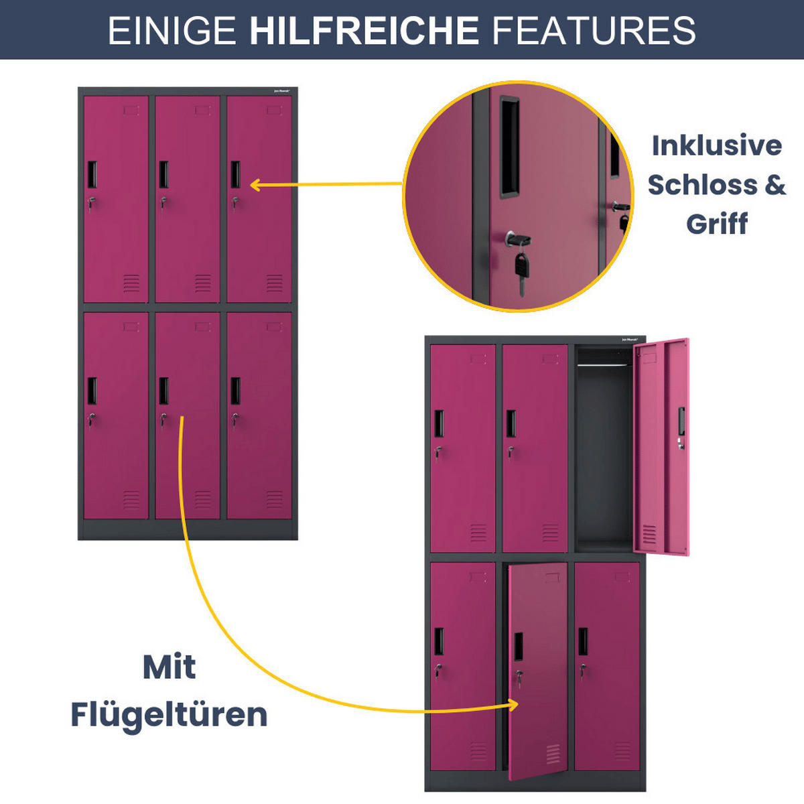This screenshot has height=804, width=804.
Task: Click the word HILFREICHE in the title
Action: click(364, 31)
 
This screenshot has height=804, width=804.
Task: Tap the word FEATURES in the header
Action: click(594, 31)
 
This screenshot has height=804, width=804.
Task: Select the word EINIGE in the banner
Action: click(172, 31)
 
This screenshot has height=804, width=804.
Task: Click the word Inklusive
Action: click(717, 145)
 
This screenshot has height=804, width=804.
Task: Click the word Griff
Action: click(716, 223)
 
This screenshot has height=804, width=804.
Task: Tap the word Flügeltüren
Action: click(169, 714)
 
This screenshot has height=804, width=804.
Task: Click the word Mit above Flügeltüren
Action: click(169, 667)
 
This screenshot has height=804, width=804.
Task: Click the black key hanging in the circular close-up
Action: click(521, 268)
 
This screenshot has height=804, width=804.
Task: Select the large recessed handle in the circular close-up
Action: click(509, 147)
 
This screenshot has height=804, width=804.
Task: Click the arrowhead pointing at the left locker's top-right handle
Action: click(255, 185)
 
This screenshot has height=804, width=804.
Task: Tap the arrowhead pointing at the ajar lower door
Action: click(514, 704)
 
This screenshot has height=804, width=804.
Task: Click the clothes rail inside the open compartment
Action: click(604, 366)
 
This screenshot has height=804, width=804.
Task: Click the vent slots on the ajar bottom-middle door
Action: click(553, 753)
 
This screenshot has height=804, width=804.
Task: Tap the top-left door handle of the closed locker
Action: click(92, 174)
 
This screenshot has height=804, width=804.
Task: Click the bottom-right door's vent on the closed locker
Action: click(274, 500)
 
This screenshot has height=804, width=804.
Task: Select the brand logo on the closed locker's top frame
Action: click(283, 92)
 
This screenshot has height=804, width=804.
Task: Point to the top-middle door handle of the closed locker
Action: click(163, 174)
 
